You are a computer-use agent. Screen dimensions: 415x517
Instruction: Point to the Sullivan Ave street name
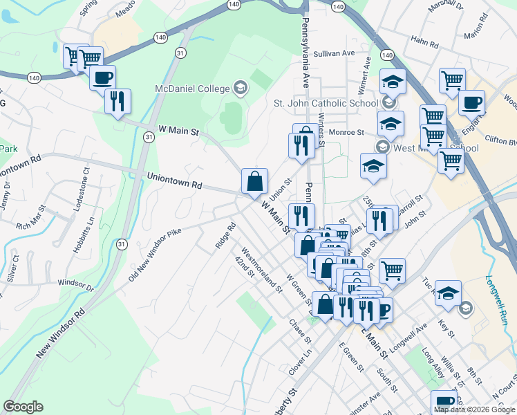pyautogui.click(x=334, y=53)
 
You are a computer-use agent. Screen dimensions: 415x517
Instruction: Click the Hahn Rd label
pyautogui.click(x=425, y=44)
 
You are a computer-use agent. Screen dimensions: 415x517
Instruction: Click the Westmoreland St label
pyautogui.click(x=261, y=271)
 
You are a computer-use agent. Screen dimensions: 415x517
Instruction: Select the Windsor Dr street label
pyautogui.click(x=75, y=283)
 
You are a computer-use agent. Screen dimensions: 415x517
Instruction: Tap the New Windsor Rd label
pyautogui.click(x=61, y=333)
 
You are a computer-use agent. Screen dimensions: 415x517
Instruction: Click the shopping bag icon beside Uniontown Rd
pyautogui.click(x=255, y=181)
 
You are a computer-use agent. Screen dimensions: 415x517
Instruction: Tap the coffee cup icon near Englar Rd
pyautogui.click(x=473, y=102)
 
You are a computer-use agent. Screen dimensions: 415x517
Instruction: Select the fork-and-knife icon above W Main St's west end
pyautogui.click(x=117, y=101)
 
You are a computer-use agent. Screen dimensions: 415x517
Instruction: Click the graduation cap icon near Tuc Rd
pyautogui.click(x=448, y=292)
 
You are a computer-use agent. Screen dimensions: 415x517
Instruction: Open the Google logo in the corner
pyautogui.click(x=23, y=407)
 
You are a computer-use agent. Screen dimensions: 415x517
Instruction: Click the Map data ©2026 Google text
pyautogui.click(x=474, y=409)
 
